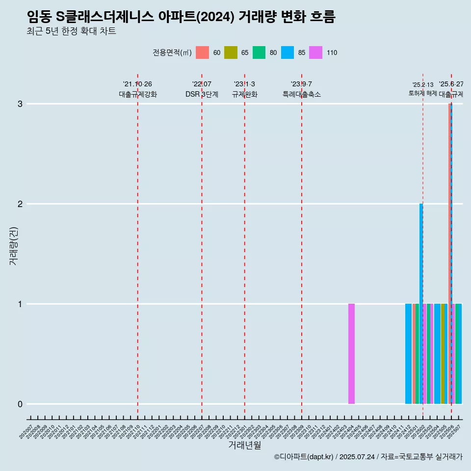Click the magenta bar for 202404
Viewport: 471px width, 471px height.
tap(351, 354)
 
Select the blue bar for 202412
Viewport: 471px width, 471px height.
tap(408, 354)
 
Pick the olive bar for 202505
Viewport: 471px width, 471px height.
tap(443, 354)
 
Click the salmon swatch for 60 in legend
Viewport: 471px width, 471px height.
tap(202, 52)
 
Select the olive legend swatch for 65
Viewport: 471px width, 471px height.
tap(231, 52)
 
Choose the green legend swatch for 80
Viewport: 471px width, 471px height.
tap(259, 52)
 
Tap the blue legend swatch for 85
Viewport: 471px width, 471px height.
tap(288, 52)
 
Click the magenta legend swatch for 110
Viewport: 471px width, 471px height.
tap(316, 52)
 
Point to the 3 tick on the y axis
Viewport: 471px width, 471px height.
tap(20, 104)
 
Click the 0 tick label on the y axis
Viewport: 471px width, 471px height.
tap(20, 404)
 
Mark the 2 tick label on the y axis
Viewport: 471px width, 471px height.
tap(20, 204)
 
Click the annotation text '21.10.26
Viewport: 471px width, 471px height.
tap(137, 84)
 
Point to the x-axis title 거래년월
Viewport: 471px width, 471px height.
tap(244, 445)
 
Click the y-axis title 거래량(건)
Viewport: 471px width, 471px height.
tap(13, 246)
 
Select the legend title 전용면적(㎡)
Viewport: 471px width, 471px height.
tap(172, 53)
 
